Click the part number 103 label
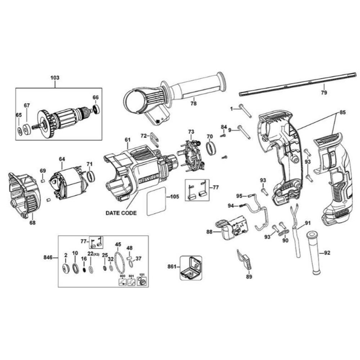coord(55,78)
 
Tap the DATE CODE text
coord(121,213)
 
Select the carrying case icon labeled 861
coord(191,268)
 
